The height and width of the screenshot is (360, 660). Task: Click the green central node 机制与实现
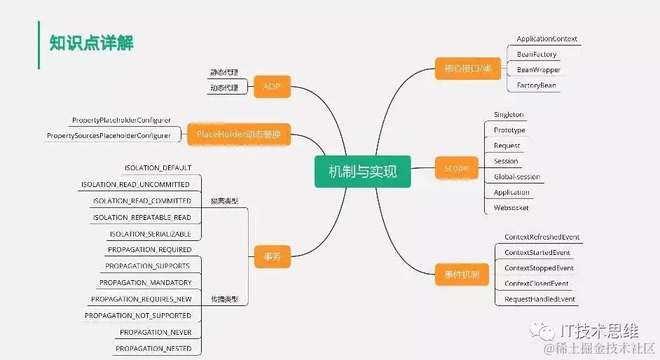click(362, 171)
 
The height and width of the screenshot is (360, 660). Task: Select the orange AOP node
click(271, 87)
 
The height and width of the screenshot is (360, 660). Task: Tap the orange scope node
click(455, 168)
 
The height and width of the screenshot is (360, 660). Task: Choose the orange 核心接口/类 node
click(462, 69)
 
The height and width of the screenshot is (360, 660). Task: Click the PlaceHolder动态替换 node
click(238, 134)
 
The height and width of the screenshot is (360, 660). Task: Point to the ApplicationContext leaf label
click(546, 39)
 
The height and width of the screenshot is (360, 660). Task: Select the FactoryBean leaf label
click(536, 85)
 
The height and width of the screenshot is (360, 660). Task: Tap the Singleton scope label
click(508, 115)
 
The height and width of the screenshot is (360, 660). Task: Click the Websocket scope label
click(511, 207)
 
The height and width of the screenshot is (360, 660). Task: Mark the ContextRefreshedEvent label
click(542, 237)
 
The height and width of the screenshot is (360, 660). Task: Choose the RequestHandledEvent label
click(539, 299)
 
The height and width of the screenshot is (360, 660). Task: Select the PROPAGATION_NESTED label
click(153, 348)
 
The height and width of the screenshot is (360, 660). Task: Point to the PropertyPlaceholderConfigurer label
click(121, 120)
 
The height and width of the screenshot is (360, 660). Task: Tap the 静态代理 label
click(224, 73)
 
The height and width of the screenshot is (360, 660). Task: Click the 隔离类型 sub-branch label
click(224, 201)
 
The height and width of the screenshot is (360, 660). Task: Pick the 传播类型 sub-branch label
click(224, 299)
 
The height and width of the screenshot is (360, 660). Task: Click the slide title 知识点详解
click(91, 43)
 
